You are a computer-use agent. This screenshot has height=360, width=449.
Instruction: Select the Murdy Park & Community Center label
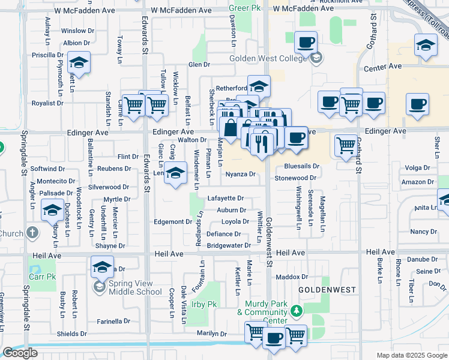[262, 316]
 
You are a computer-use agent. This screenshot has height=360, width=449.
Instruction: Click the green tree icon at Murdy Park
[295, 311]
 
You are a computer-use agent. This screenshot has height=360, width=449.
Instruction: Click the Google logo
[20, 353]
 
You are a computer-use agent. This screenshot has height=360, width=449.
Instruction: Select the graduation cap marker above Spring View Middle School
[103, 266]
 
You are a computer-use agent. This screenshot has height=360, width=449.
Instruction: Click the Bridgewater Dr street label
[229, 246]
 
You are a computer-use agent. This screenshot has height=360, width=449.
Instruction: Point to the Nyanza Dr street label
[241, 175]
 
